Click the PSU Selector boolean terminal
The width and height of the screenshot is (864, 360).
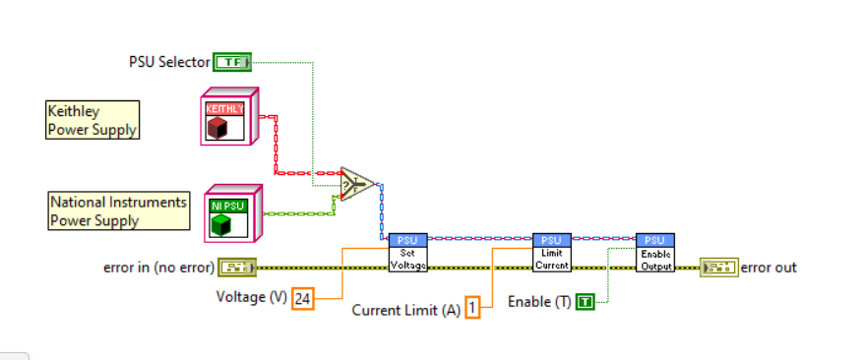coord(232,62)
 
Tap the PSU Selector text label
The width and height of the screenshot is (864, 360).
coord(169,62)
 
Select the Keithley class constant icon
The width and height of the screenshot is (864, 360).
coord(229,116)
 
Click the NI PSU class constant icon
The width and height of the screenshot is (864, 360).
coord(232,213)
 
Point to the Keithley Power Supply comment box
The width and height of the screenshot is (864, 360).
coord(93,120)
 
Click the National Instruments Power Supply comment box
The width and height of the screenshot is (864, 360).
coord(119,210)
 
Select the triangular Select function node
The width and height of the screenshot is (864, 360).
coord(357,184)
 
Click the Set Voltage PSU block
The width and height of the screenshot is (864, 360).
coord(407,253)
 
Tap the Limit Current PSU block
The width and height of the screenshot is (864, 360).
coord(552,253)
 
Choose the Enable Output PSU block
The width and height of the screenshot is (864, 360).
coord(655,253)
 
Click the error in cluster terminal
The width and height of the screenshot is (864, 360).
coord(237,268)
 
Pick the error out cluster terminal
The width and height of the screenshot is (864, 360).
coord(719,268)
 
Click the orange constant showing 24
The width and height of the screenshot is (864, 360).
coord(302,299)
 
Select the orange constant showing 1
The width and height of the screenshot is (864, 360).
coord(472,307)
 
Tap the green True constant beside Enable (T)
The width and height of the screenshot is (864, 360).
coord(586,302)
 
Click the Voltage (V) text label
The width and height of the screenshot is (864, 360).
coord(252,298)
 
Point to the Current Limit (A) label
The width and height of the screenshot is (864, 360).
coord(406,311)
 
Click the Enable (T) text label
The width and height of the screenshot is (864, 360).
coord(539,302)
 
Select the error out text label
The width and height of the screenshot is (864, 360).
coord(769,269)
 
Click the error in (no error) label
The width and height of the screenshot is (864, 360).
coord(159,269)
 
